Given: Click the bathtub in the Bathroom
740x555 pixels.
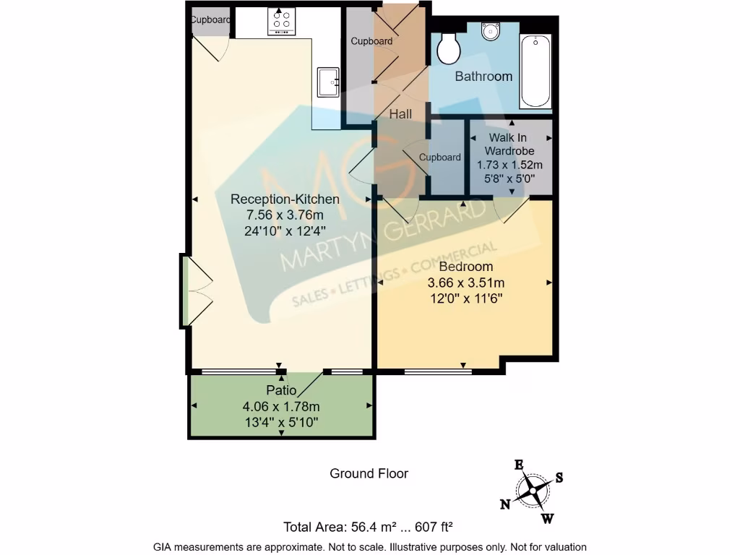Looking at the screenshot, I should click(x=535, y=71).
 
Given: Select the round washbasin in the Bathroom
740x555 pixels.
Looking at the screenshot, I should click(x=491, y=31).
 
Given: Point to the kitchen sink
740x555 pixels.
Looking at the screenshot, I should click(x=327, y=82).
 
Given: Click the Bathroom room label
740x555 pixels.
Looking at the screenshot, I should click(x=483, y=76).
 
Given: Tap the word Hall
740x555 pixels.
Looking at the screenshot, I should click(x=400, y=114).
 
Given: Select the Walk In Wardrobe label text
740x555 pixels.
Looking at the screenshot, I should click(x=509, y=144).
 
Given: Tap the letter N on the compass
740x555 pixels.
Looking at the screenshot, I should click(x=506, y=504).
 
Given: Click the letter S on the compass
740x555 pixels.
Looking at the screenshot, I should click(x=559, y=477).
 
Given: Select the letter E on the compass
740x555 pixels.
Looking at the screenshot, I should click(x=518, y=465).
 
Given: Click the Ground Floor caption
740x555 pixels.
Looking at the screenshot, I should click(x=369, y=473).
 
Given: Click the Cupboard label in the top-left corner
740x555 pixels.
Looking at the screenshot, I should click(x=210, y=20).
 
